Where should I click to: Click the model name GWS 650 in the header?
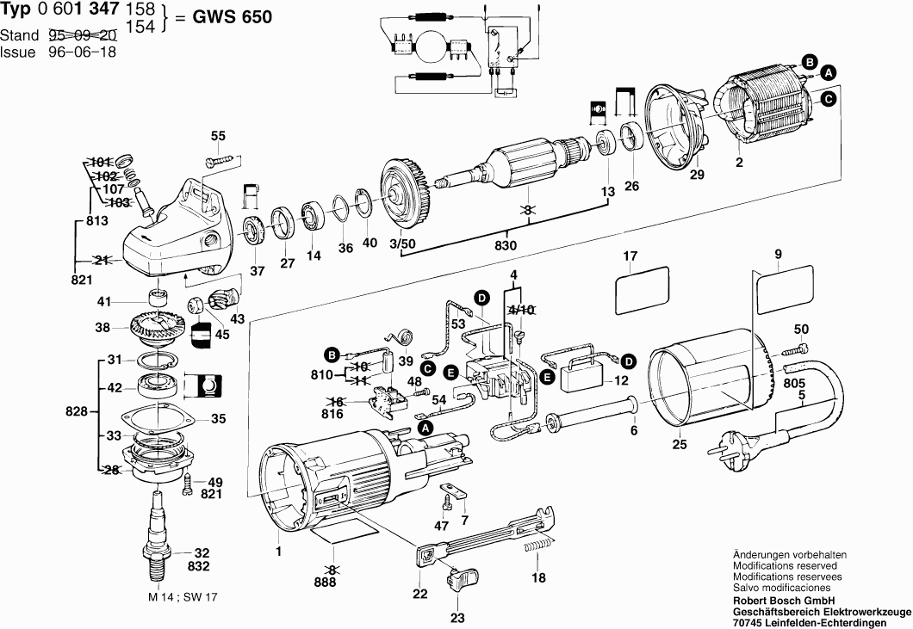(225, 18)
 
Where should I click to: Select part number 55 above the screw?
(218, 136)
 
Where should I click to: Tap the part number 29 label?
(697, 175)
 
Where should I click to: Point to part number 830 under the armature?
(507, 246)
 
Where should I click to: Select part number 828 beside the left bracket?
(77, 413)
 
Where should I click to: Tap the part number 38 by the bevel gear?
(102, 328)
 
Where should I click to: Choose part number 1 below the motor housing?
(278, 549)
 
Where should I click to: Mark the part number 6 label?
(634, 430)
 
